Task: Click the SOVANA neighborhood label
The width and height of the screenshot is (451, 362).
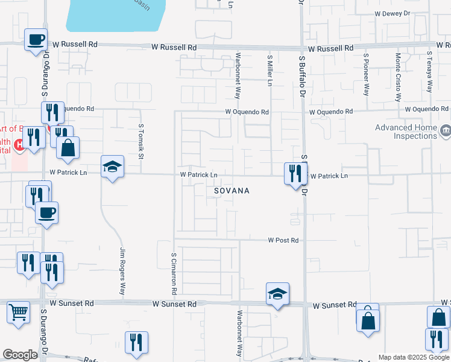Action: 232,191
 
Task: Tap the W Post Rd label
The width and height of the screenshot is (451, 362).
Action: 283,240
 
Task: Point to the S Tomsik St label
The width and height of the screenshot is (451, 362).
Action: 141,142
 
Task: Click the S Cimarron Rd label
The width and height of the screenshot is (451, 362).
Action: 174,273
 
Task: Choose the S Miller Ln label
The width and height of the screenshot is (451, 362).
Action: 270,69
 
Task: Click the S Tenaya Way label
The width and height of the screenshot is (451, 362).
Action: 429,71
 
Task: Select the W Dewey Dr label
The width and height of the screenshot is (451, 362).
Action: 391,13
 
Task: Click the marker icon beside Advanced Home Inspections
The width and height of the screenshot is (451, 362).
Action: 446,130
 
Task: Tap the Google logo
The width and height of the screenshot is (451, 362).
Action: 20,355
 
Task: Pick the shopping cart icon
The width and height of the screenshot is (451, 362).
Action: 18,313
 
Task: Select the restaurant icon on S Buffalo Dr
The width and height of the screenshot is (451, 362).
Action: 295,174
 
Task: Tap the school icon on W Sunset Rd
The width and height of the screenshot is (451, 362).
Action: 277,294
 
